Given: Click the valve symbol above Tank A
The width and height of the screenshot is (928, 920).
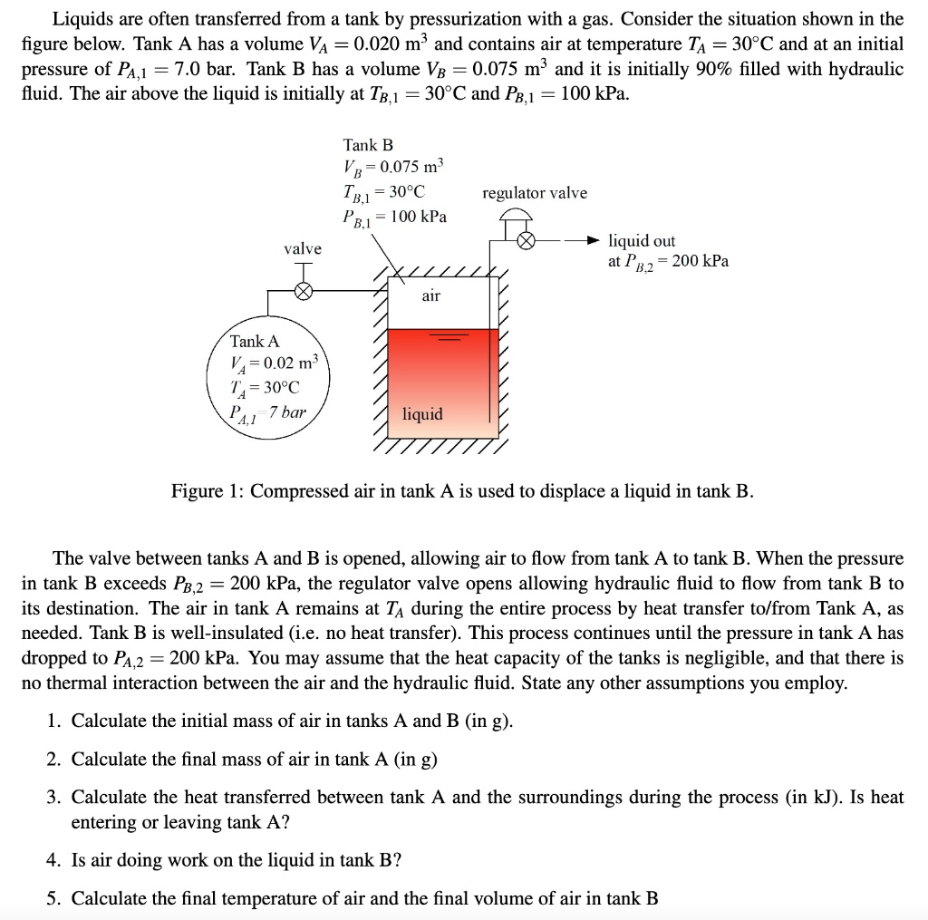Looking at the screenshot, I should click(x=305, y=290).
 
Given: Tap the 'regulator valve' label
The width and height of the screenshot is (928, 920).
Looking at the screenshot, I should click(x=534, y=193).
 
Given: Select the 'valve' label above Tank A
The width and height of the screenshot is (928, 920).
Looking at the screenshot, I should click(x=302, y=248).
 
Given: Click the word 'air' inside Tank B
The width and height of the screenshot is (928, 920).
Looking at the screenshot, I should click(x=431, y=295).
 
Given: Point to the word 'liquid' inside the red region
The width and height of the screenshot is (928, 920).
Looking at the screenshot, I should click(x=422, y=414).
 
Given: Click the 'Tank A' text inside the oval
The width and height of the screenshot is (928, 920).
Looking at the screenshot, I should click(x=255, y=342).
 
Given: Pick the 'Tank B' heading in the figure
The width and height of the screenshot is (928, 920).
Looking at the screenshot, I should click(x=368, y=145).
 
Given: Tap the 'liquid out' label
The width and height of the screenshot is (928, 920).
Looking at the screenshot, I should click(x=642, y=240).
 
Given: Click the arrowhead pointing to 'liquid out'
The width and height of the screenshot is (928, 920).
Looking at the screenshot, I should click(x=593, y=241).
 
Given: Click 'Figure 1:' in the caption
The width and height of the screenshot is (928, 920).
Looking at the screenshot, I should click(x=208, y=491).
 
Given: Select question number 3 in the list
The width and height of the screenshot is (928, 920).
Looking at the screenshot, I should click(x=54, y=798).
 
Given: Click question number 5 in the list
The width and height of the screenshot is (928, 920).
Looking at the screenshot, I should click(x=54, y=899).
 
